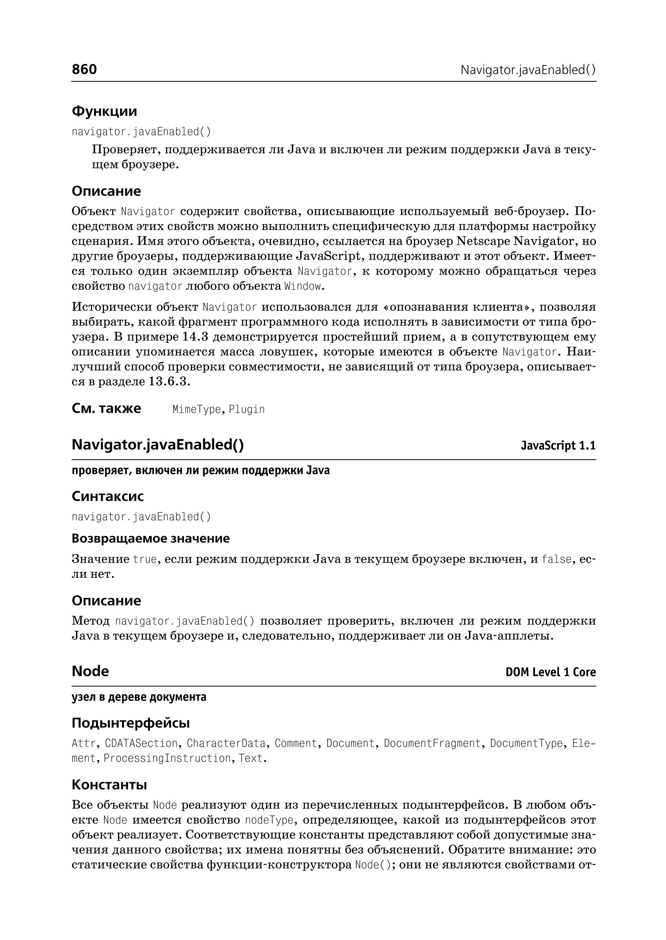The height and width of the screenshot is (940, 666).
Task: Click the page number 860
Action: tap(84, 69)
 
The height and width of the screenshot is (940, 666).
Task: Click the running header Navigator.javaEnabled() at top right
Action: tap(528, 70)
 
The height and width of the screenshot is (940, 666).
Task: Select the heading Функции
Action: tap(104, 111)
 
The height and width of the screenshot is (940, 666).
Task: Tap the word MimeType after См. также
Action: tap(196, 410)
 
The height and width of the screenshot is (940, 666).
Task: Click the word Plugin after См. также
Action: tap(246, 410)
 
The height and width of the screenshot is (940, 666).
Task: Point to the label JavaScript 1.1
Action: tap(558, 446)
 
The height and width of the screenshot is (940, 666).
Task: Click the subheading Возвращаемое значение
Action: tap(151, 538)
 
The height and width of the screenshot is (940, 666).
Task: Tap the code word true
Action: tap(145, 559)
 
